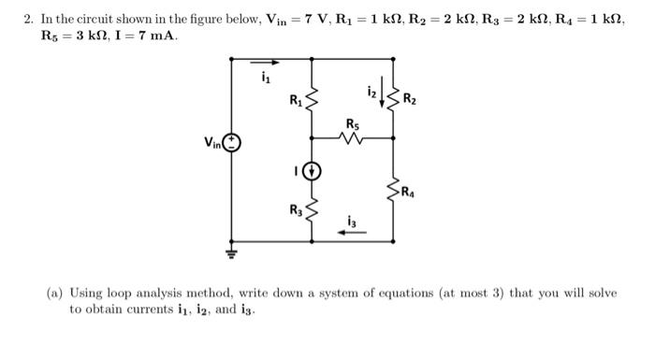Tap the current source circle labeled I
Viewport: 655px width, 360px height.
[313, 170]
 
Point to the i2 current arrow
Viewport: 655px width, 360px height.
[381, 93]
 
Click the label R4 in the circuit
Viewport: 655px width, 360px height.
[409, 194]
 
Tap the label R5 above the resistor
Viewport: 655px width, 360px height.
[351, 122]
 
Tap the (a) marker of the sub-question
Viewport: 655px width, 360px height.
[55, 293]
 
